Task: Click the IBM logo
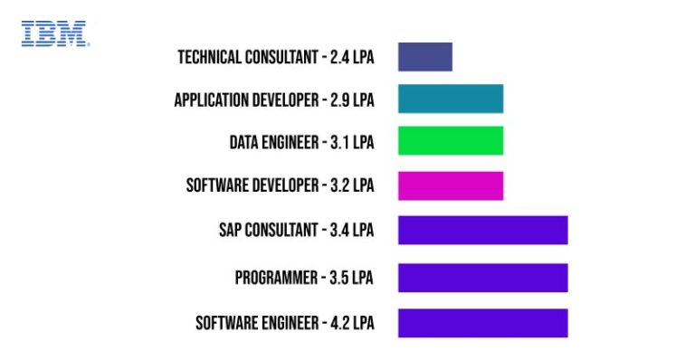pyautogui.click(x=54, y=34)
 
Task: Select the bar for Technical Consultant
pyautogui.click(x=424, y=56)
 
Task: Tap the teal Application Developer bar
pyautogui.click(x=450, y=99)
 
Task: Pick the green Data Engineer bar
pyautogui.click(x=450, y=140)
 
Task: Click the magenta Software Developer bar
pyautogui.click(x=450, y=185)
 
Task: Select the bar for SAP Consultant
pyautogui.click(x=482, y=230)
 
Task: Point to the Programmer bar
pyautogui.click(x=482, y=277)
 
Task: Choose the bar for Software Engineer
pyautogui.click(x=482, y=323)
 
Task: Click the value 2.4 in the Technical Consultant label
pyautogui.click(x=340, y=58)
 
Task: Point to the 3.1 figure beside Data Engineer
pyautogui.click(x=340, y=142)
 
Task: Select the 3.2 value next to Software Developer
pyautogui.click(x=340, y=185)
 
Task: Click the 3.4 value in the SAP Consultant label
pyautogui.click(x=340, y=231)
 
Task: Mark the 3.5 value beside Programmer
pyautogui.click(x=340, y=278)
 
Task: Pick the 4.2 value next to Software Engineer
pyautogui.click(x=340, y=323)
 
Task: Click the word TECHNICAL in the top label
pyautogui.click(x=209, y=58)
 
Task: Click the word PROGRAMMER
pyautogui.click(x=274, y=278)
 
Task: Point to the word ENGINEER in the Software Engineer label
pyautogui.click(x=289, y=323)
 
